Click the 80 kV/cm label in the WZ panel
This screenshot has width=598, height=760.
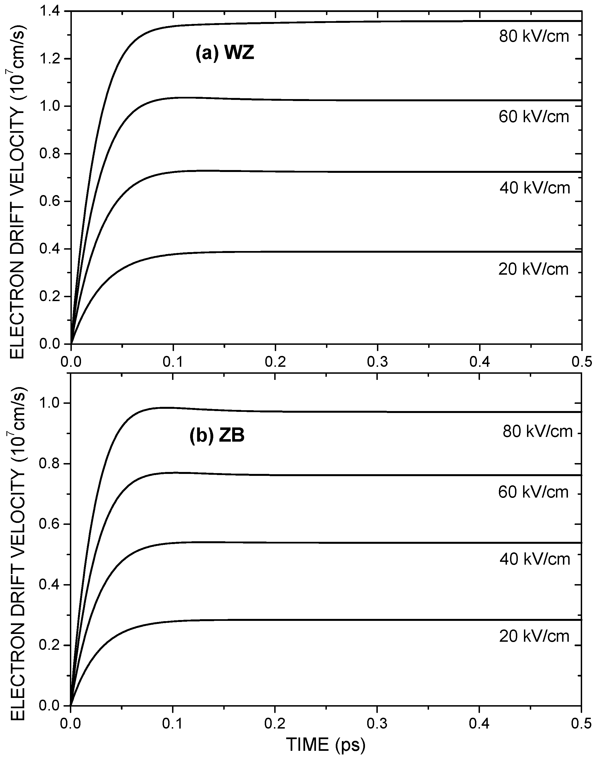534,36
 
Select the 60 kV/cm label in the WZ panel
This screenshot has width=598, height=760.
534,117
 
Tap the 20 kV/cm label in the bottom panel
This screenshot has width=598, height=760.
534,636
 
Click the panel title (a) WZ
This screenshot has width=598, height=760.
224,54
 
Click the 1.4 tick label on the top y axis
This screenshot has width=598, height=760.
50,11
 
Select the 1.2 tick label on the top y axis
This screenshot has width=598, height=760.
50,59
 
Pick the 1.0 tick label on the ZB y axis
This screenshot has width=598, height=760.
50,403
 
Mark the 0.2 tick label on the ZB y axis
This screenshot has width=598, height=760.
50,645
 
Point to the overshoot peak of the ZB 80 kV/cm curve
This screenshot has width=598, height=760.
163,407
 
